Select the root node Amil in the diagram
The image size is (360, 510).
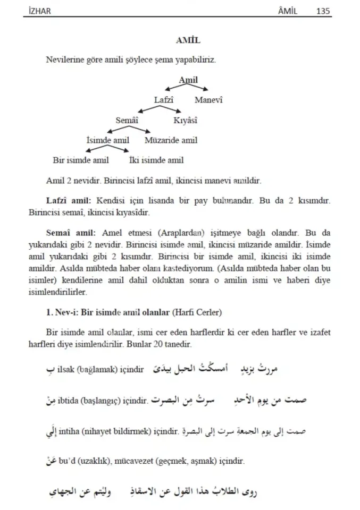click(x=188, y=80)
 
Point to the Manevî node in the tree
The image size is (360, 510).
click(x=208, y=100)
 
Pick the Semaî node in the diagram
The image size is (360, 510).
click(x=127, y=121)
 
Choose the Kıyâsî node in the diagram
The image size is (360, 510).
click(x=185, y=121)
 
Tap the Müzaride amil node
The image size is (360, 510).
click(x=171, y=141)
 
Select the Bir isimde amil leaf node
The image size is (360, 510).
click(x=81, y=160)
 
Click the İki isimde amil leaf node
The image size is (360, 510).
click(x=156, y=160)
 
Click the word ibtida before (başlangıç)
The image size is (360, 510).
click(x=71, y=399)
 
